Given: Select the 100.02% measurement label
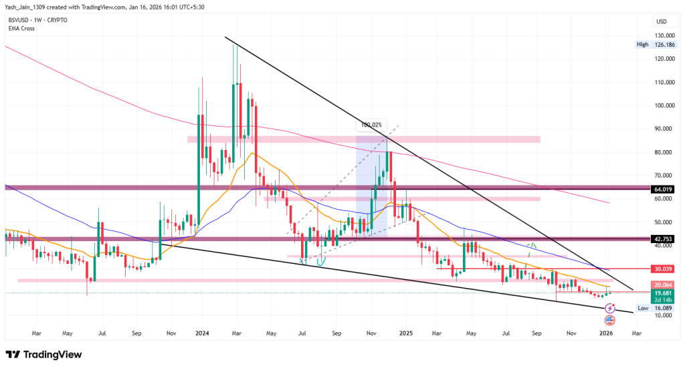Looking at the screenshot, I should click(371, 125).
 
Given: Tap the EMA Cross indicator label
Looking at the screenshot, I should click(21, 29).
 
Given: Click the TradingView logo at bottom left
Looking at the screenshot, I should click(43, 354).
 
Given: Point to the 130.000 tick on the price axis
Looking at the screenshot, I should click(664, 35).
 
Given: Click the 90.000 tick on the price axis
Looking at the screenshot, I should click(664, 129).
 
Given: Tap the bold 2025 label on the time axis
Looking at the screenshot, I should click(405, 332).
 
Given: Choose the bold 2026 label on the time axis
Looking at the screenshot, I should click(607, 332).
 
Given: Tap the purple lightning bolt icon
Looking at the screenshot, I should click(610, 308).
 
